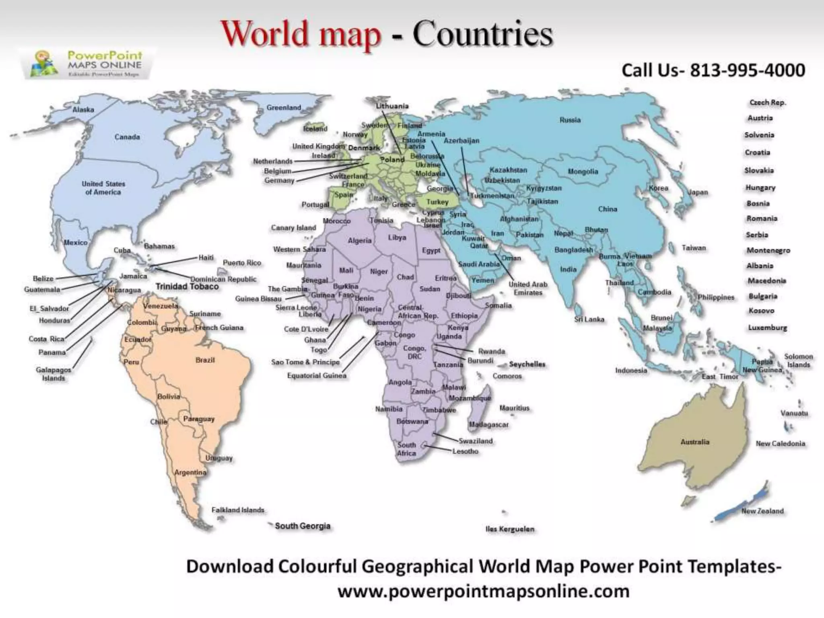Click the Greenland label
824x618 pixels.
(x=284, y=107)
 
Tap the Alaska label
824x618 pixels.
(x=83, y=109)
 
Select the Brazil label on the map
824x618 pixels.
(x=205, y=360)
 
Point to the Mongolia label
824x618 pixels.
(x=583, y=171)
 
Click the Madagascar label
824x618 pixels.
(x=489, y=424)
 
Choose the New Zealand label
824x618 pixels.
(x=763, y=511)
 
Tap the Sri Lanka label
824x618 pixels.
(x=589, y=319)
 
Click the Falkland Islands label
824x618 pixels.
(x=238, y=510)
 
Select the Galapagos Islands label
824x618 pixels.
(x=54, y=374)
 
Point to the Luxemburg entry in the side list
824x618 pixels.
(x=767, y=328)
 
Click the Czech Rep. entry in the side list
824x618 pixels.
(x=767, y=103)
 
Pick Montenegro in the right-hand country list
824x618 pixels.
(x=768, y=250)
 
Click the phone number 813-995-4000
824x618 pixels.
(x=748, y=70)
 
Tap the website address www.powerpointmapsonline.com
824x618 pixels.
(x=483, y=591)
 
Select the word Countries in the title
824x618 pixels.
(x=482, y=34)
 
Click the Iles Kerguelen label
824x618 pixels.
(x=510, y=529)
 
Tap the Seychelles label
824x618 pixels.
(x=527, y=364)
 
